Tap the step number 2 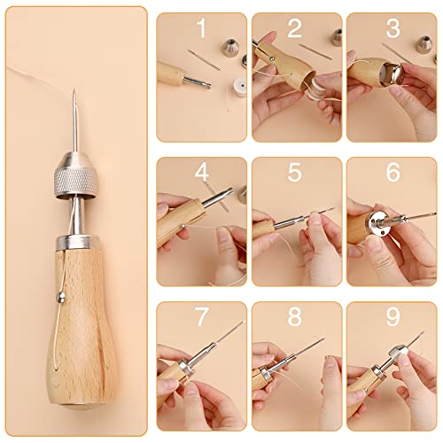coord(295,28)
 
